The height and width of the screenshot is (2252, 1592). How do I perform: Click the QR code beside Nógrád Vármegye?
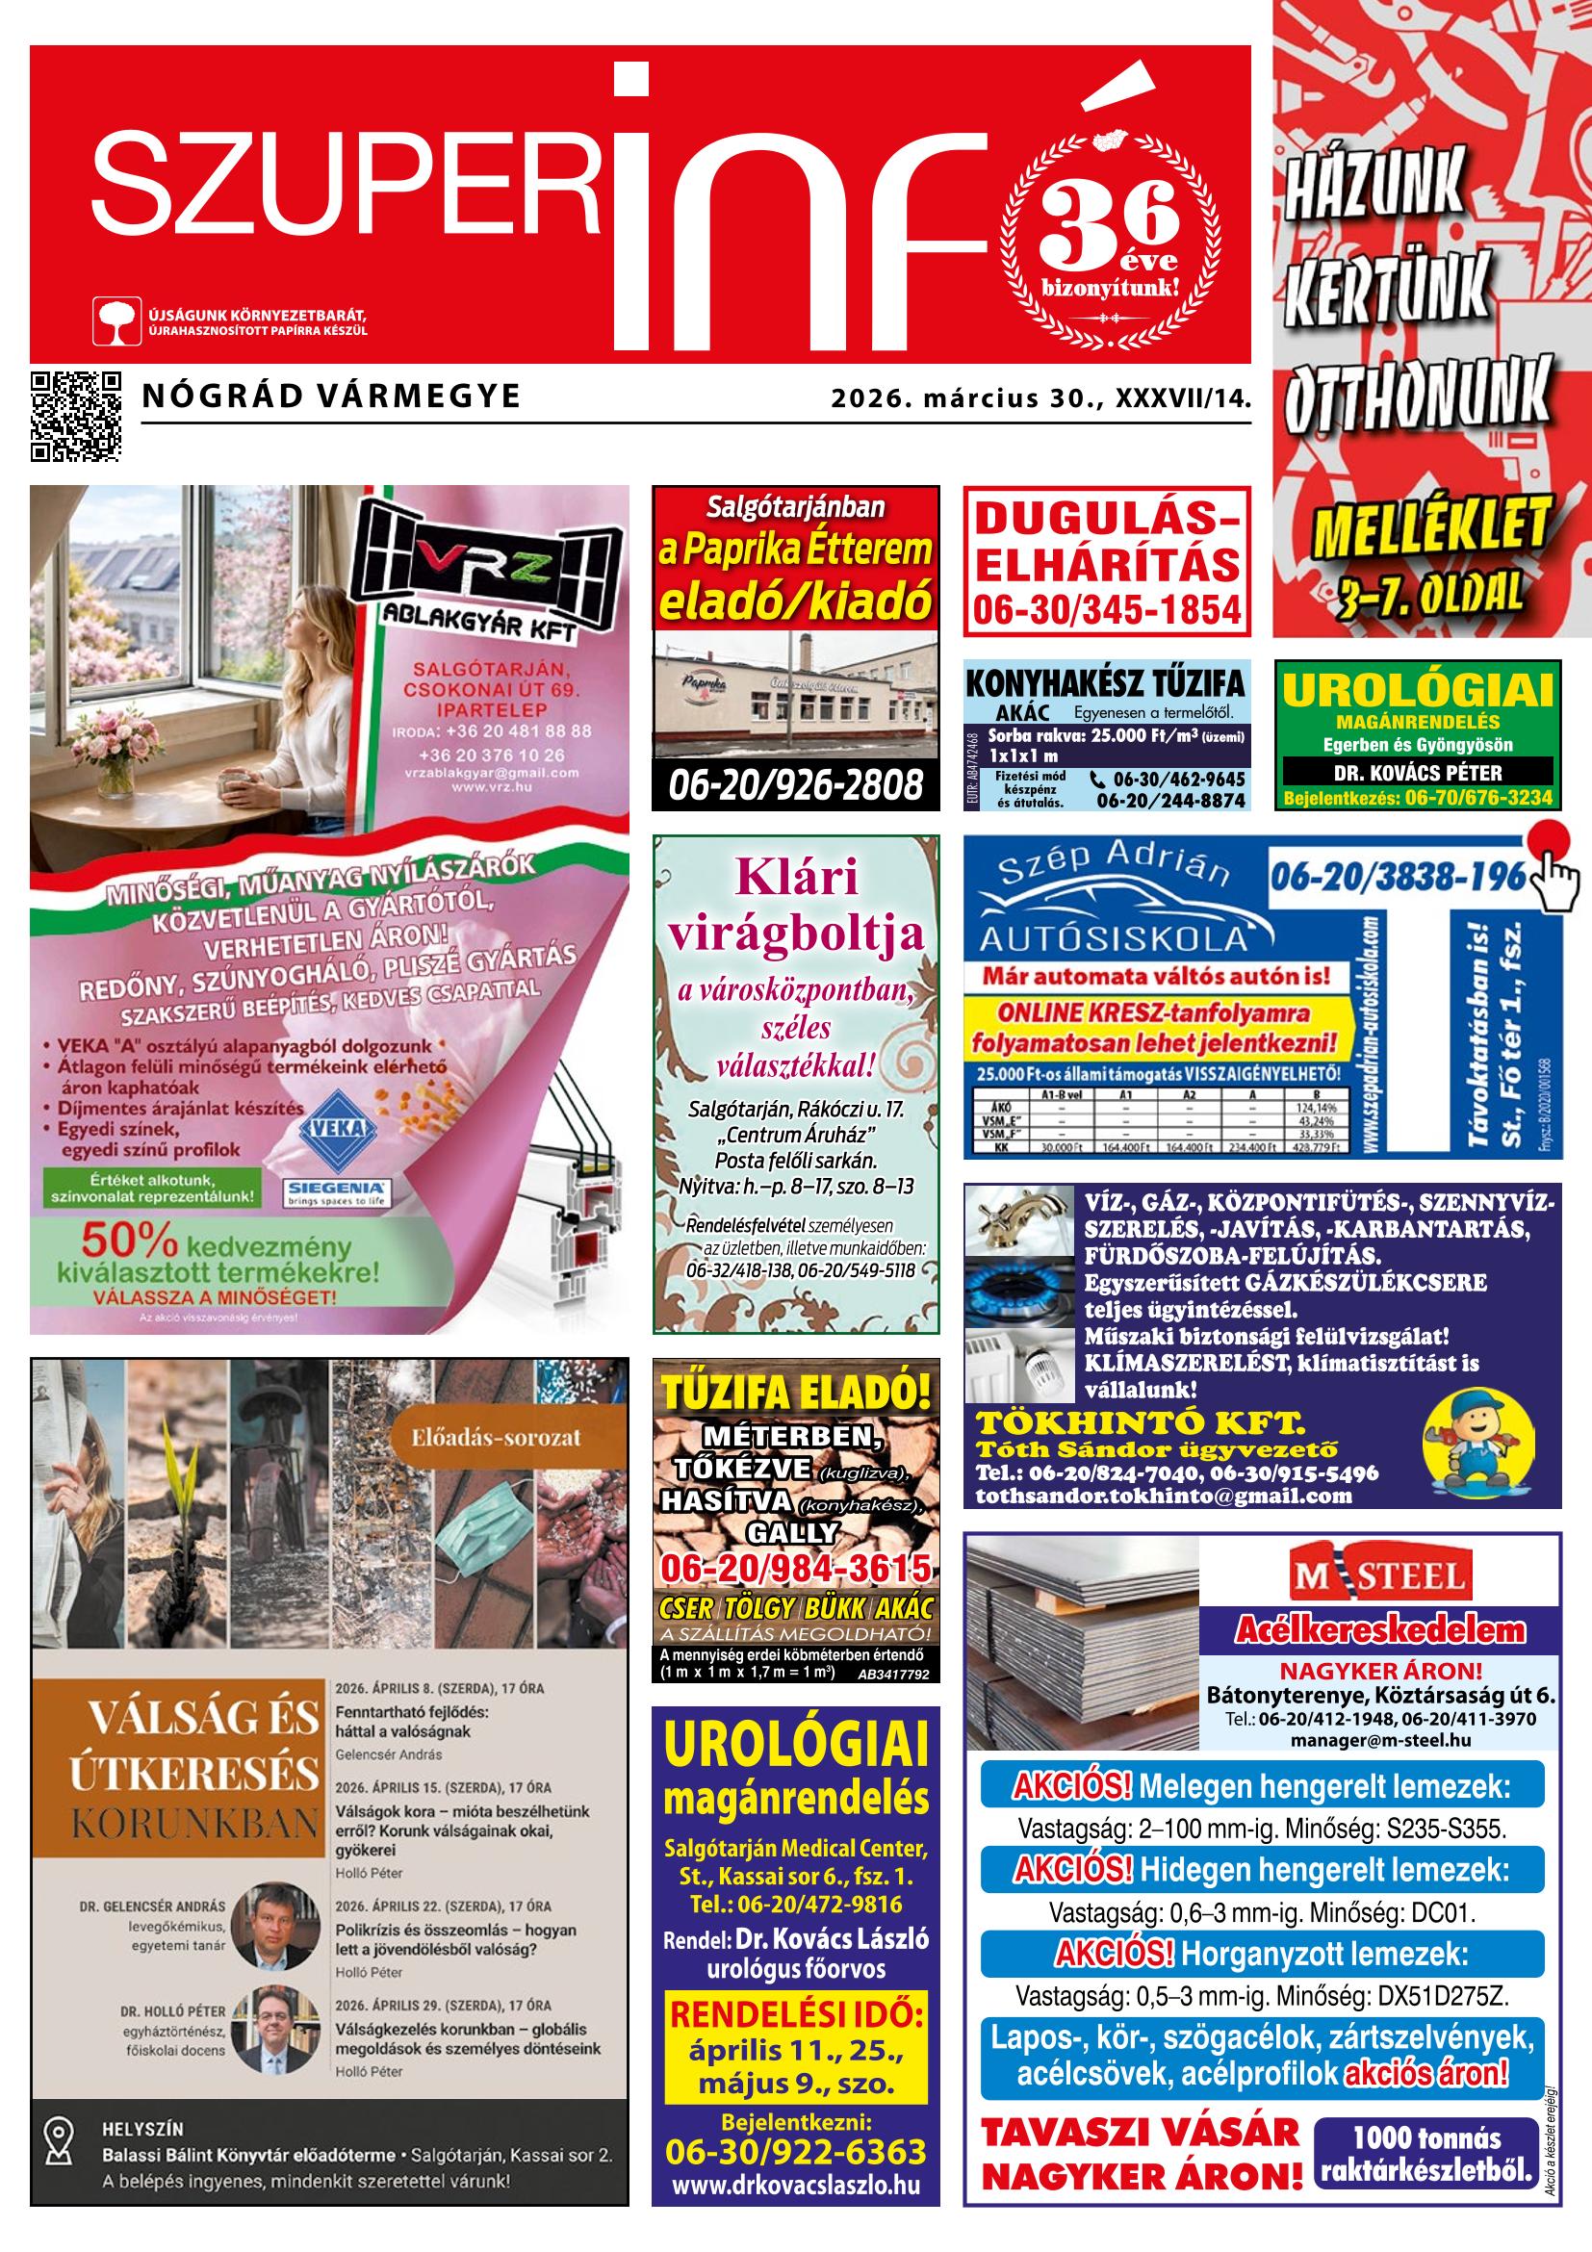(75, 416)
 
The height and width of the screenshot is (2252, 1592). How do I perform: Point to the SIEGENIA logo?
(338, 1193)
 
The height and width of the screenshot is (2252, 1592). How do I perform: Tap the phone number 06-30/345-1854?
(1107, 611)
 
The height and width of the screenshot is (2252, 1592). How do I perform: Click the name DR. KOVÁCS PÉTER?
(1418, 772)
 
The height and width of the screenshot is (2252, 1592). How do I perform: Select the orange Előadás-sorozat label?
(490, 1439)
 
